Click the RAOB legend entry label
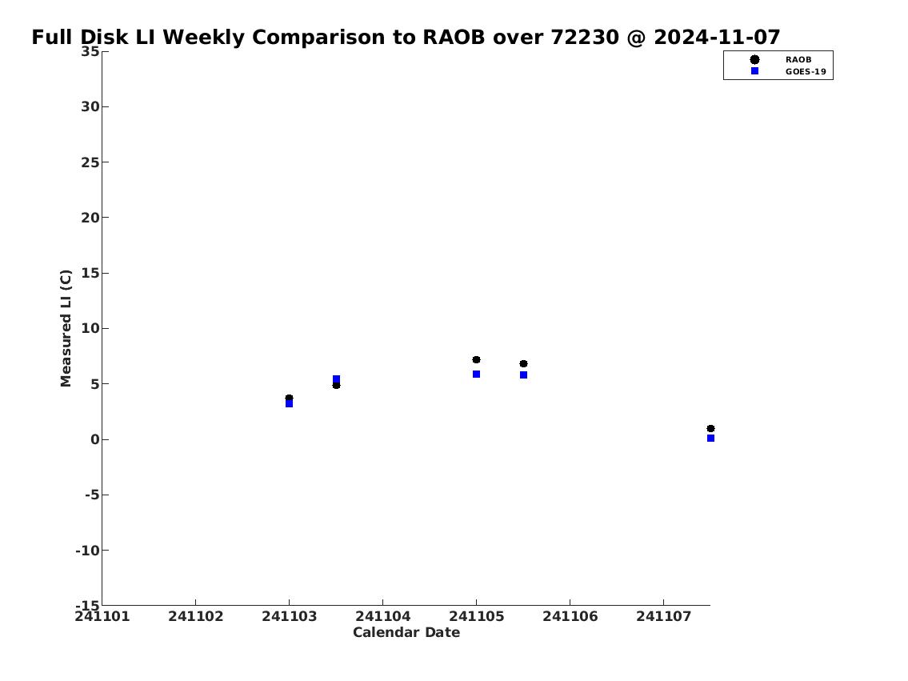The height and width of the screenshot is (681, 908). [x=798, y=60]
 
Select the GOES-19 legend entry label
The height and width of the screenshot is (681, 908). [x=806, y=72]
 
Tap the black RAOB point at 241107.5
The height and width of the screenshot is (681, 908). [x=710, y=428]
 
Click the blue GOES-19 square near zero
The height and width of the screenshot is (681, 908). [x=710, y=439]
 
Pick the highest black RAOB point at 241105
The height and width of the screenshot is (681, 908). [x=476, y=359]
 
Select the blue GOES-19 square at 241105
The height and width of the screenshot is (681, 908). [x=476, y=374]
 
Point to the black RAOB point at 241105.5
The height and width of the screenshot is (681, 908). [x=523, y=363]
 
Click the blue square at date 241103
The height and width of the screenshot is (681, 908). [x=289, y=403]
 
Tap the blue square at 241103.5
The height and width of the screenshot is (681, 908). [x=337, y=379]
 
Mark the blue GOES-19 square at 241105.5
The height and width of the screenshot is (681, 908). [x=523, y=375]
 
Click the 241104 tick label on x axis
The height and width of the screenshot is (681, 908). [x=382, y=616]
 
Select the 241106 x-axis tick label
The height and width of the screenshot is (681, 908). [x=570, y=616]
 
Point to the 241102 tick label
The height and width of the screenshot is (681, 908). [x=196, y=616]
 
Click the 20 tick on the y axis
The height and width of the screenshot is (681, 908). [x=90, y=218]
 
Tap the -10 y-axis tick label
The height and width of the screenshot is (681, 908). [x=87, y=550]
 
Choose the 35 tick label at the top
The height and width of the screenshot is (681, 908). [x=90, y=51]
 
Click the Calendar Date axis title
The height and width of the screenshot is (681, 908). [x=406, y=632]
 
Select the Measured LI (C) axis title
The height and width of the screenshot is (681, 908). [x=66, y=328]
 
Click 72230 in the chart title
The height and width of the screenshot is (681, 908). [x=584, y=38]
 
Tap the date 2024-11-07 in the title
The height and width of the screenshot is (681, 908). [x=717, y=38]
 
